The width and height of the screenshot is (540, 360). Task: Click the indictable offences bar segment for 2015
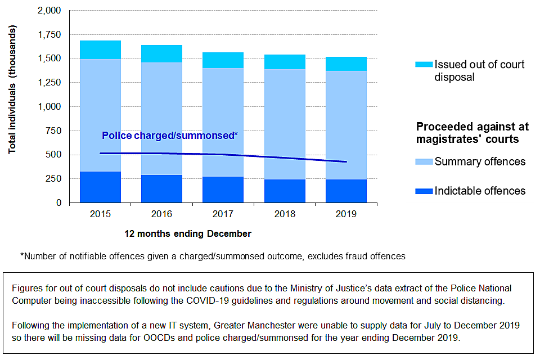(100, 187)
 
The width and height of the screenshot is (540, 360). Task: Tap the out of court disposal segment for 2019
(346, 64)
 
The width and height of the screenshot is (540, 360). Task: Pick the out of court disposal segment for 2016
(161, 53)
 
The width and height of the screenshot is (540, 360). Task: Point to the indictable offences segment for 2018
(285, 191)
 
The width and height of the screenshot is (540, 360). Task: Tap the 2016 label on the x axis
(162, 214)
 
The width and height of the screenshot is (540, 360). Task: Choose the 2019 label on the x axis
(346, 214)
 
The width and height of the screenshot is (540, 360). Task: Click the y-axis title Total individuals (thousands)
(12, 90)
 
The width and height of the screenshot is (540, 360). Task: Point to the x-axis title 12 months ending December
(187, 233)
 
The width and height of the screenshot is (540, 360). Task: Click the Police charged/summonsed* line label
(170, 136)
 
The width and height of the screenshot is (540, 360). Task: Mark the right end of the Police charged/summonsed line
(346, 162)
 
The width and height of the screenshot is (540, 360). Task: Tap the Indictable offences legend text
(480, 191)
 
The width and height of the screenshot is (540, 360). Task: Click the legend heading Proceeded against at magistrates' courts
(472, 132)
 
